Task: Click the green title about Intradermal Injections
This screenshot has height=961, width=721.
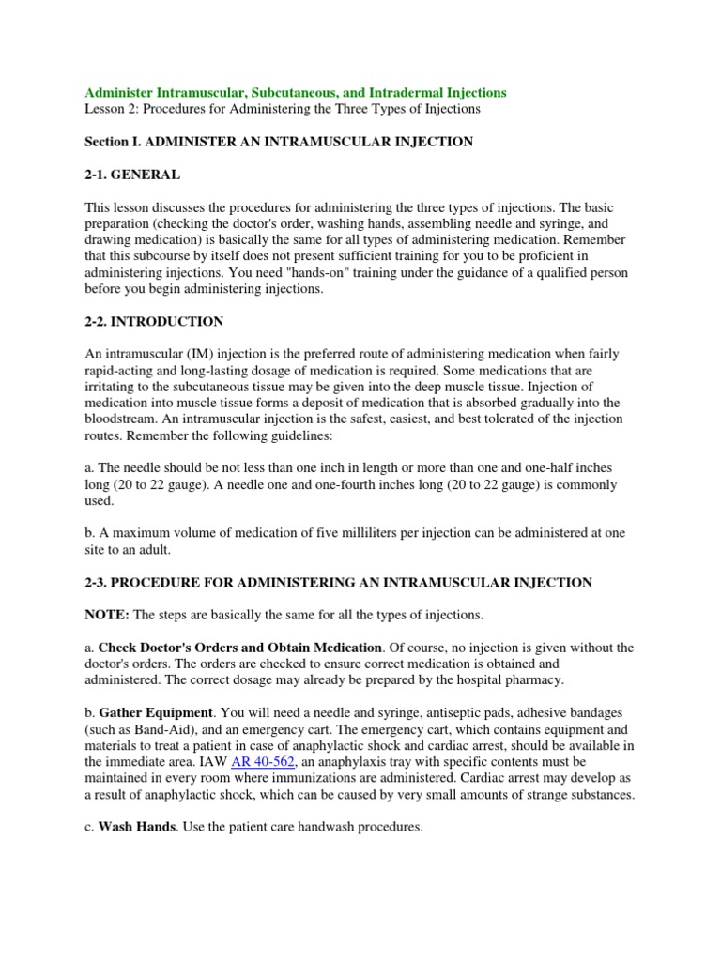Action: click(296, 92)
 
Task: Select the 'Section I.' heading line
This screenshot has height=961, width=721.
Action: click(279, 142)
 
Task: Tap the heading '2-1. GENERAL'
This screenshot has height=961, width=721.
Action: click(132, 175)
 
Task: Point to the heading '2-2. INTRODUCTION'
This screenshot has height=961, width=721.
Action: click(154, 321)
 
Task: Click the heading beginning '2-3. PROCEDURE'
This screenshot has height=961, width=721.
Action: click(338, 582)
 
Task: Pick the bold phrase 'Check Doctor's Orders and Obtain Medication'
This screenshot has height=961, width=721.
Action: click(240, 648)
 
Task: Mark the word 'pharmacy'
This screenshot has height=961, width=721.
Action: click(537, 679)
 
